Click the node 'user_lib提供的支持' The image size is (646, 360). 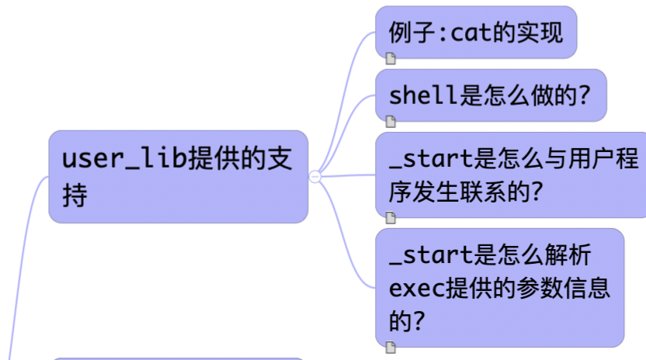178,176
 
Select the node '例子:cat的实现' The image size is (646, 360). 475,32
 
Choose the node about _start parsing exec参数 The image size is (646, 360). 499,286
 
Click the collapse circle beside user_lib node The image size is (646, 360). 315,177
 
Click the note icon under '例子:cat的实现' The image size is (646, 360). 391,57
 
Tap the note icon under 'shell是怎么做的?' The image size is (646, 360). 391,120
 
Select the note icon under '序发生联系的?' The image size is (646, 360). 391,218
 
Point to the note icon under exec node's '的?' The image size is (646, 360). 391,345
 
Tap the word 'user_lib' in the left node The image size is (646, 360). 124,158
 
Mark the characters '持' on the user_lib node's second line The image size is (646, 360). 75,195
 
